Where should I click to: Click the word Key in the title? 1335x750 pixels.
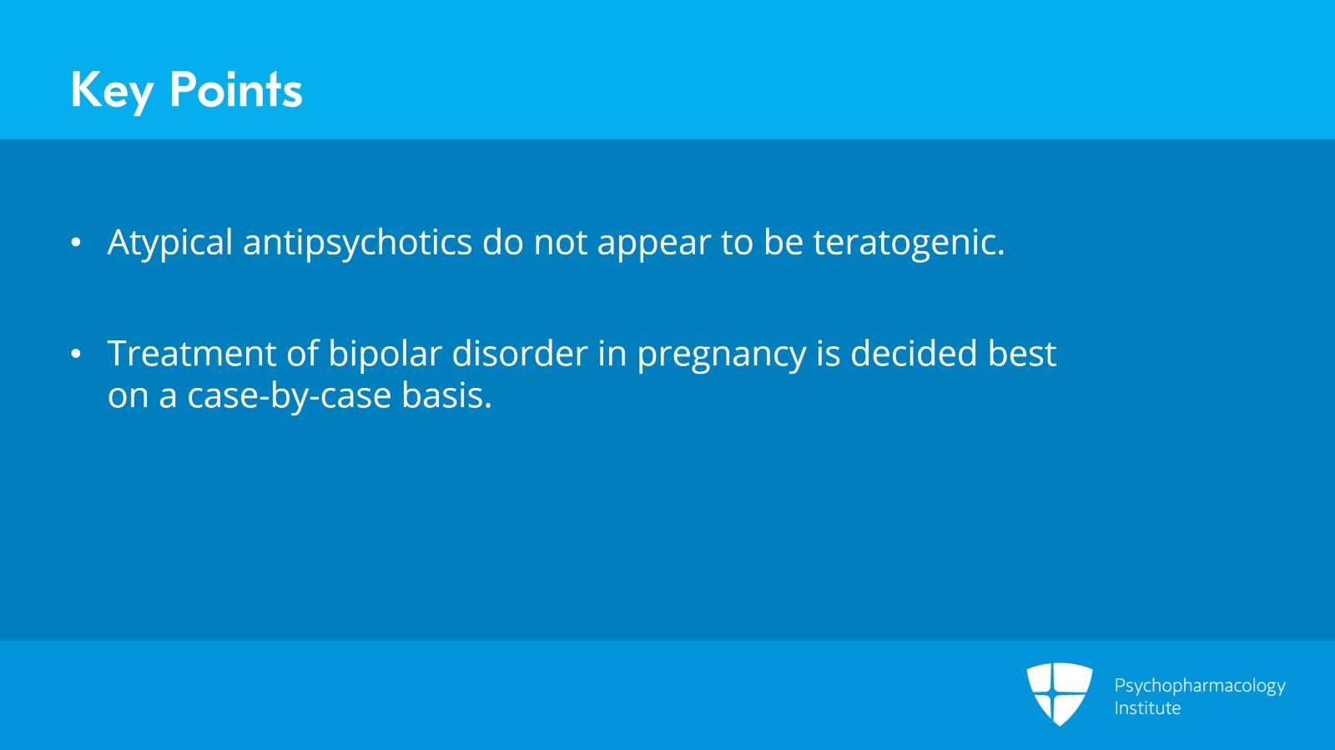112,90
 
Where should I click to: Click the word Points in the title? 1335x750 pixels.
235,90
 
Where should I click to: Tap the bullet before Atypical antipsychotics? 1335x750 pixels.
76,243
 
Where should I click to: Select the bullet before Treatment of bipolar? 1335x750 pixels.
76,355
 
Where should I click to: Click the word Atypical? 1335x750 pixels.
169,243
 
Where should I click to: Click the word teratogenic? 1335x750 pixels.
908,243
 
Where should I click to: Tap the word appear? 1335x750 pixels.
653,243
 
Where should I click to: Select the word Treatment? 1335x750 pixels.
191,354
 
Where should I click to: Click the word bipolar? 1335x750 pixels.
385,354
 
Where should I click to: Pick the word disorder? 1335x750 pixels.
519,354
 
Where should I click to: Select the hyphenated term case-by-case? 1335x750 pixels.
289,396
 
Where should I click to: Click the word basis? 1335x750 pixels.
446,395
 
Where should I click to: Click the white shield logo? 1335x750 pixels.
1059,693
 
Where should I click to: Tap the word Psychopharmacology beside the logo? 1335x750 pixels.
1199,686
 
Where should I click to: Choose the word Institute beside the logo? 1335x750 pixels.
1147,708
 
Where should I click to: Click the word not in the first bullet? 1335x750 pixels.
560,243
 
